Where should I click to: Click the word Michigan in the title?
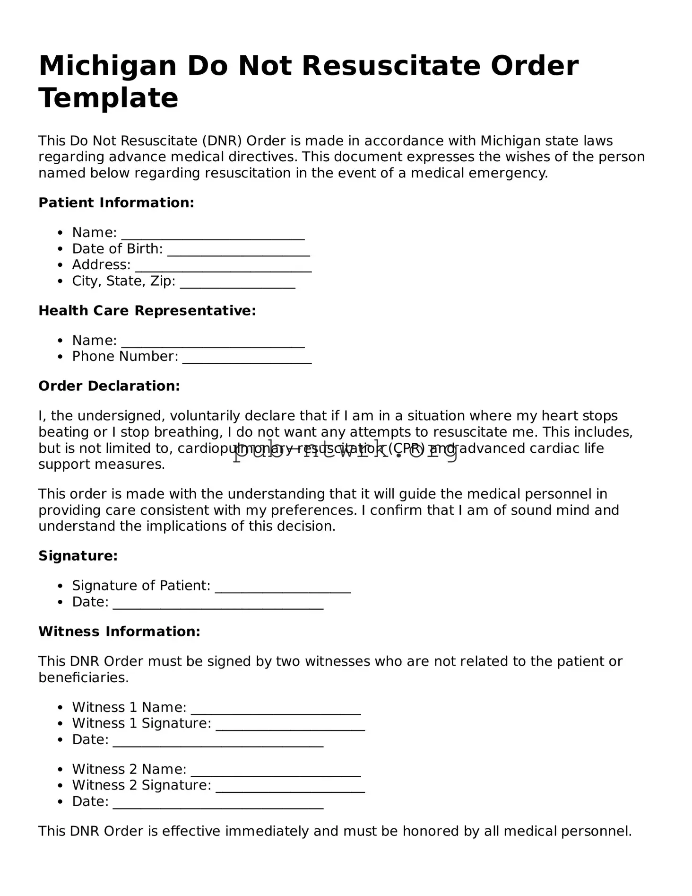(107, 66)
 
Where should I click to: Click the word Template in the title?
(108, 98)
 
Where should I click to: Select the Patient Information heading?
(116, 203)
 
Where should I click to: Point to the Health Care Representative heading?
(147, 311)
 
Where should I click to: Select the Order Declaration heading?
(109, 386)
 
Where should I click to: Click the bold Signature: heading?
(78, 556)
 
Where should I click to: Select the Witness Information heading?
(119, 632)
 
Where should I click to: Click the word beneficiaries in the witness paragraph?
(83, 678)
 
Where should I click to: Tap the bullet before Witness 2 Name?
(60, 770)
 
